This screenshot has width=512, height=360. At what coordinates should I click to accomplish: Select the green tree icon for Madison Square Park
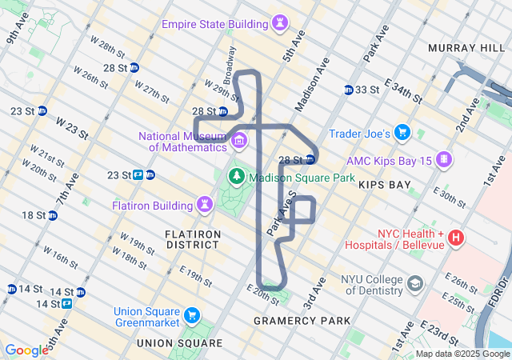coord(236,177)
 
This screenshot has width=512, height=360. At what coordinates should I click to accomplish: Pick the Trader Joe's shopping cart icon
coord(402,133)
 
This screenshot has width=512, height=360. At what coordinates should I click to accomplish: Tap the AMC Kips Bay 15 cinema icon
coord(443,160)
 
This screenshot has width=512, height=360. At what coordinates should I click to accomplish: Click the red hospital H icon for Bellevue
coord(455,237)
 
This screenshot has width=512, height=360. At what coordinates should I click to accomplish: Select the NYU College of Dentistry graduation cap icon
coord(414,283)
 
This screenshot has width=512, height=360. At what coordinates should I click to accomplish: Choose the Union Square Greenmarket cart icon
coord(191,315)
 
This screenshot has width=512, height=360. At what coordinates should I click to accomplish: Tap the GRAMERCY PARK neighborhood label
coord(302,321)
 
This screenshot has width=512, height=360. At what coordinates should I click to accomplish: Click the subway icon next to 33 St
coord(349,90)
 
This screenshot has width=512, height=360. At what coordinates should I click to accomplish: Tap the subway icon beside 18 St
coord(53,215)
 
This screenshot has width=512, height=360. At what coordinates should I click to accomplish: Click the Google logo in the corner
coord(26,350)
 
